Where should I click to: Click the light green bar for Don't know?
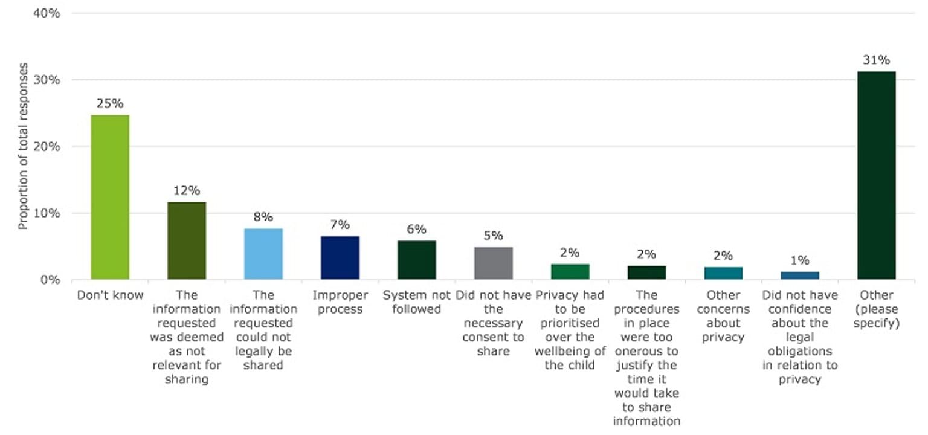tap(110, 197)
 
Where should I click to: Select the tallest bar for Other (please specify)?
tap(876, 175)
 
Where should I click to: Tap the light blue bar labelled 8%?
tap(263, 254)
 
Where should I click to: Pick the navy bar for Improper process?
tap(340, 257)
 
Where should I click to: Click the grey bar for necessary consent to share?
tap(494, 263)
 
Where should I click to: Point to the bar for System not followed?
tap(417, 260)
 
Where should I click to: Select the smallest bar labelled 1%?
tap(800, 275)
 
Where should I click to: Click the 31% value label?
tap(876, 60)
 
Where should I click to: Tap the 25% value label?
tap(110, 103)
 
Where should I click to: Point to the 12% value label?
tap(187, 191)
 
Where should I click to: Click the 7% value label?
tap(340, 225)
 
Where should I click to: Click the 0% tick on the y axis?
tap(50, 280)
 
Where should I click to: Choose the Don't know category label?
tap(110, 295)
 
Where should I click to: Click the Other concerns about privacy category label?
tap(723, 316)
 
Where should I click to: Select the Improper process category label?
tap(340, 302)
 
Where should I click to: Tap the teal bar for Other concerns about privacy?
tap(723, 273)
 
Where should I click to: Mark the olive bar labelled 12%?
tap(187, 240)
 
